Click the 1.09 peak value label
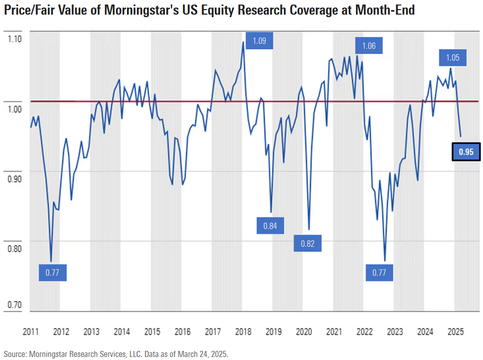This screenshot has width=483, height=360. (x=259, y=41)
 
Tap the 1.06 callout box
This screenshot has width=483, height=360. (x=369, y=46)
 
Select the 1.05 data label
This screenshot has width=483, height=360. (x=452, y=58)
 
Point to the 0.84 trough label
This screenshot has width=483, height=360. (x=270, y=225)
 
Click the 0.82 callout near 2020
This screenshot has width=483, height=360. (x=308, y=244)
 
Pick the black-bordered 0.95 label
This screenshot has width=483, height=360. (x=466, y=152)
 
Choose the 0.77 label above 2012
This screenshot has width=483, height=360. (x=52, y=273)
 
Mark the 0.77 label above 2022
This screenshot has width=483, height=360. (x=379, y=273)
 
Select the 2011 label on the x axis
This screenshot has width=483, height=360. (x=32, y=331)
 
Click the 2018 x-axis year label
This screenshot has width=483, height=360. (x=243, y=331)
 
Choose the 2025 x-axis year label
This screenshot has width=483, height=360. (x=455, y=331)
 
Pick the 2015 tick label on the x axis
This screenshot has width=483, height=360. (x=152, y=331)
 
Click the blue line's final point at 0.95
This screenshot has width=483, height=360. (x=460, y=137)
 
